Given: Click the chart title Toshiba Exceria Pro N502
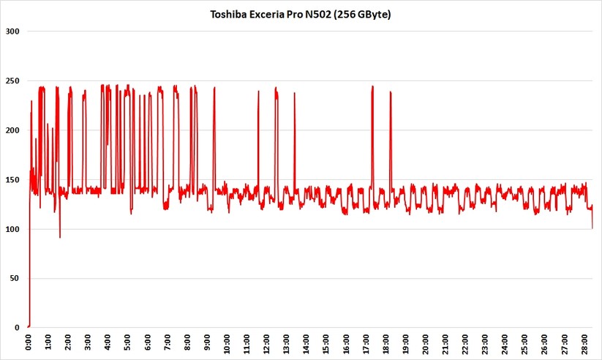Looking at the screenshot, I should coord(301,14).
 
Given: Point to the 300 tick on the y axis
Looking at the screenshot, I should coord(13,31).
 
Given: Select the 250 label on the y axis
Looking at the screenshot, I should coord(13,81).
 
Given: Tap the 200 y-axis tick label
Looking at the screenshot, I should coord(13,130).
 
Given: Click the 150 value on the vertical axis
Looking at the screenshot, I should coord(13,180).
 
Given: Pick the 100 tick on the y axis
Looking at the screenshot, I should coord(13,229).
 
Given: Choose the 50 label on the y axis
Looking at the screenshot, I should coord(15,279).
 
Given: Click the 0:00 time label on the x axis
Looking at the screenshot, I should coord(28,342).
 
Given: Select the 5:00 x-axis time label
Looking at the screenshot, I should coord(127,342).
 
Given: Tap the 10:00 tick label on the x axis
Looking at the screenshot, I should coord(227,342).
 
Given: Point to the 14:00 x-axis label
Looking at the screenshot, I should coord(306,342).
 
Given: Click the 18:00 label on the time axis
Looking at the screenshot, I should coord(386,342).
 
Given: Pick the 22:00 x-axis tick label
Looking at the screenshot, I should coord(466,342).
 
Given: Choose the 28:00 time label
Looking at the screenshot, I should coord(585,342).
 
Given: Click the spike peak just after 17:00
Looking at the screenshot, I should coord(372,87).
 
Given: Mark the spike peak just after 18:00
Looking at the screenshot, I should coord(391,92).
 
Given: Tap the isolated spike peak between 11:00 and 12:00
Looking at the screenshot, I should coord(258,92).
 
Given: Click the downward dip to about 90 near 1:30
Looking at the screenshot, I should coord(60,236).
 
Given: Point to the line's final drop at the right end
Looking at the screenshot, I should coord(592,227).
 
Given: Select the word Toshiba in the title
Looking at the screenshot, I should coord(228,14).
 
